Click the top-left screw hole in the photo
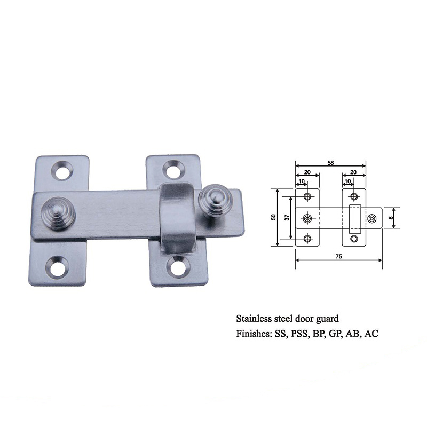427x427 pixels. (x=62, y=170)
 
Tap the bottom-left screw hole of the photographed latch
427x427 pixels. (x=57, y=265)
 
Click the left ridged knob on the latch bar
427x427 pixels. (x=58, y=214)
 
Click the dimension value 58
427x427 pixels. (x=330, y=163)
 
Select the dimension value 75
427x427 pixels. (x=338, y=256)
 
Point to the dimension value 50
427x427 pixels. (x=273, y=217)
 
